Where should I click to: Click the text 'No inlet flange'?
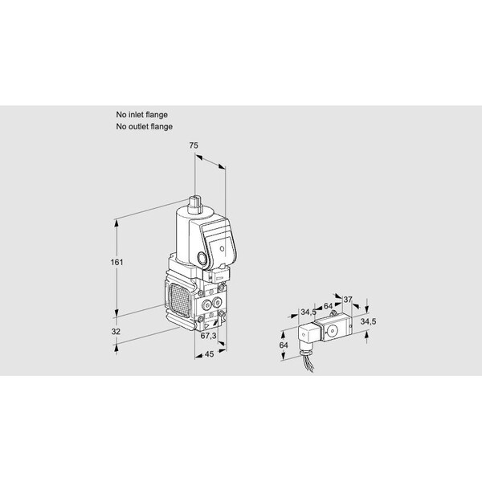(141, 115)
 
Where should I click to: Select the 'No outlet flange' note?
(144, 126)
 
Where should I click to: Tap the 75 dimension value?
(194, 145)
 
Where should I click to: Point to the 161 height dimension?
(116, 262)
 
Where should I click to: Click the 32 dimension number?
(116, 331)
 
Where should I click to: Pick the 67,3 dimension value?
(208, 336)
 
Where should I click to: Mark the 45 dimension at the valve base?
(209, 354)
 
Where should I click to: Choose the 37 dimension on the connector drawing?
(348, 300)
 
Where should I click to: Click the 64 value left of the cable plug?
(284, 345)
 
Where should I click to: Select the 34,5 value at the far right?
(368, 321)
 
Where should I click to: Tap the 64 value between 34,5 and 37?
(328, 306)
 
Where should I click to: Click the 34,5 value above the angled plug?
(308, 312)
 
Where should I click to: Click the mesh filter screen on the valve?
(179, 300)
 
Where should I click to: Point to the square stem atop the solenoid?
(194, 202)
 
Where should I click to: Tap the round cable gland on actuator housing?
(202, 258)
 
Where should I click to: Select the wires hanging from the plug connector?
(308, 364)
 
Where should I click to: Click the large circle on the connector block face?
(332, 331)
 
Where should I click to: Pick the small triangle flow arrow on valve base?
(206, 325)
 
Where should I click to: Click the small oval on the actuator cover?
(222, 248)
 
